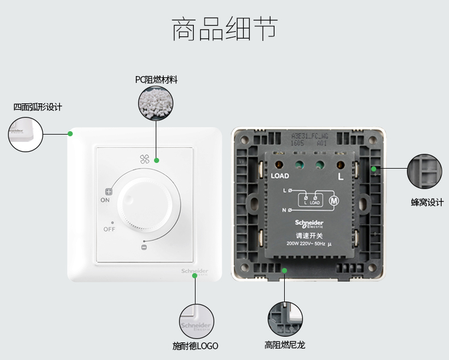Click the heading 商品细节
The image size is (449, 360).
tap(224, 30)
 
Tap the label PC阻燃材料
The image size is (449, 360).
tap(156, 79)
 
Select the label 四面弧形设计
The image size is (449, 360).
tap(38, 107)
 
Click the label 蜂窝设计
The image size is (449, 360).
tap(427, 202)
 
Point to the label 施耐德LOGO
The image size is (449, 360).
tap(195, 346)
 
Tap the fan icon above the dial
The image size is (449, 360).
tap(143, 160)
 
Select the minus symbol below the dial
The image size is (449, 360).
tap(144, 247)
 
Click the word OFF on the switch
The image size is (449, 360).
tap(109, 229)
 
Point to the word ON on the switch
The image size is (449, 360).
tap(105, 200)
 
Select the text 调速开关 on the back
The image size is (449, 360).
tap(309, 236)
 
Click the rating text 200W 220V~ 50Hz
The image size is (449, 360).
tap(306, 244)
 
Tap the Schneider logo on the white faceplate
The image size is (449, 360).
tap(195, 271)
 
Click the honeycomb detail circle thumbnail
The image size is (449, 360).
tap(424, 171)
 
